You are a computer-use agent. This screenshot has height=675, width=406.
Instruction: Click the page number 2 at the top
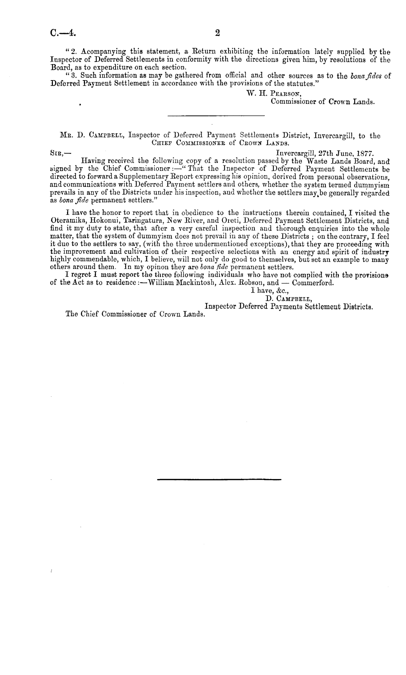point(218,33)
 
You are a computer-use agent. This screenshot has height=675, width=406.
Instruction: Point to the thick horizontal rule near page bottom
point(219,479)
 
